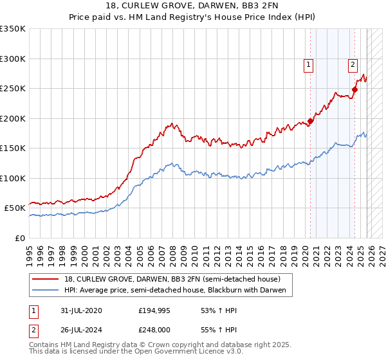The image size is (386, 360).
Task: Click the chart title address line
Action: coord(192,6)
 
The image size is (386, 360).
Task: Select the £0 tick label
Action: coord(19,238)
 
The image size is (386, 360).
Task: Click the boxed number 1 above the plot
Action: coord(309,64)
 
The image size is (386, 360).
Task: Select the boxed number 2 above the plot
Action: coord(353,64)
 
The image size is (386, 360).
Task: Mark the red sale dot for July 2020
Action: coord(310,121)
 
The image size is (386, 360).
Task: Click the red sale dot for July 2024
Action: coord(354,89)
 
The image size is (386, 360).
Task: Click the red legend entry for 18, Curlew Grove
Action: coord(172,279)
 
